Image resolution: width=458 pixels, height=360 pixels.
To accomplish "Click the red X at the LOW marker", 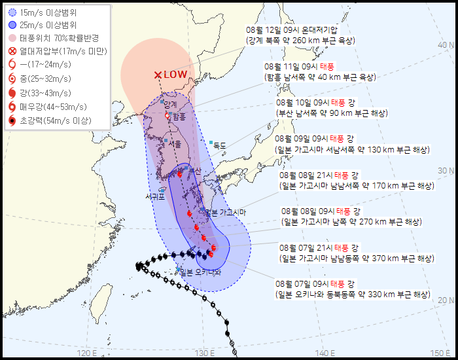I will [157, 75].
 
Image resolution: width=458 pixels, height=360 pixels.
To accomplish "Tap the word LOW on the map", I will [175, 75].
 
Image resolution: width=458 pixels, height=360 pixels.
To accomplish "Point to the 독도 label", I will [220, 146].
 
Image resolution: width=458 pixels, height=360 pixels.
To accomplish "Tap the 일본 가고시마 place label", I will [225, 212].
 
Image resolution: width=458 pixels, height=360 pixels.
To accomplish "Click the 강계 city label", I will [171, 105].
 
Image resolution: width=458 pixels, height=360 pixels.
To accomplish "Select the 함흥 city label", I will [179, 116].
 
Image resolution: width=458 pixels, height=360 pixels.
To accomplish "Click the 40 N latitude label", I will [446, 45].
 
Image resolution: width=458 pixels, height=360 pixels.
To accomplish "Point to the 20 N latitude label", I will [446, 300].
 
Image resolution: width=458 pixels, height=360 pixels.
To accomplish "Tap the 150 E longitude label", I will [439, 353].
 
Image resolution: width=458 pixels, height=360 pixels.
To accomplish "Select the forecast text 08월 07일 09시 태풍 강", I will [317, 284].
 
